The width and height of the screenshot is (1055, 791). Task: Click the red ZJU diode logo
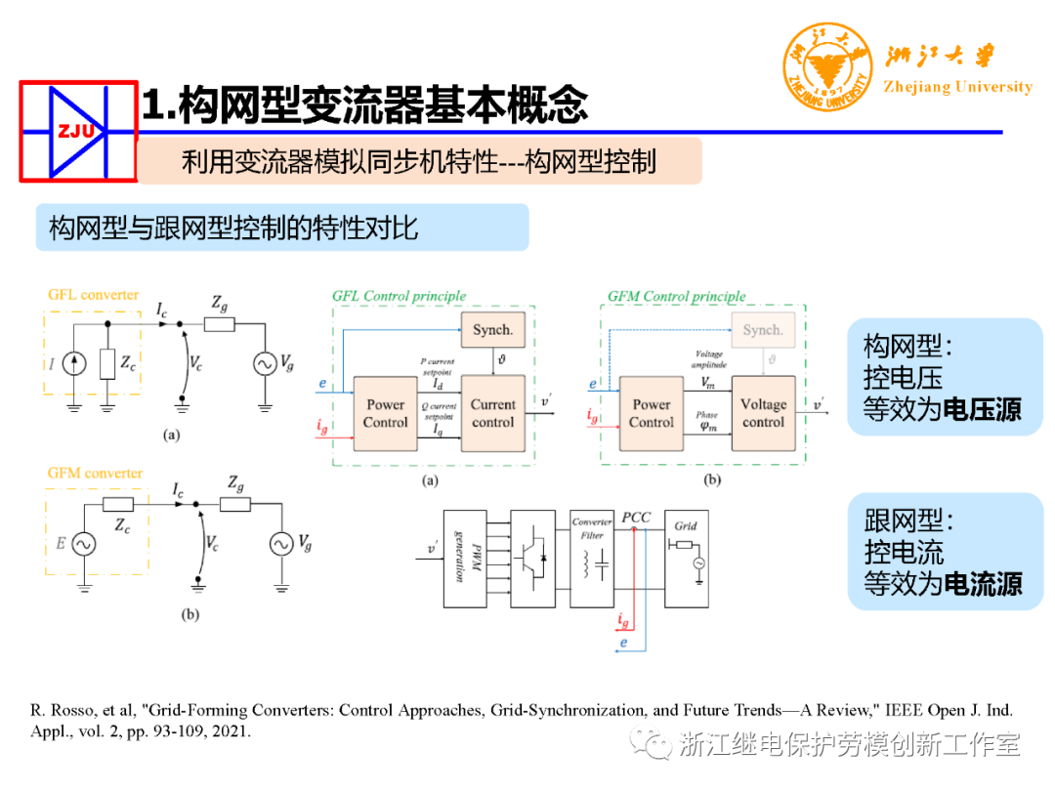pos(78,132)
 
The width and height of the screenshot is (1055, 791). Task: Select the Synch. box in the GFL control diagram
pos(491,330)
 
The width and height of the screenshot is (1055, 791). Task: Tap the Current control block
pos(492,413)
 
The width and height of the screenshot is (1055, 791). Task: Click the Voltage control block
pos(763,413)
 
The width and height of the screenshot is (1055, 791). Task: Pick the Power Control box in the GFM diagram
pos(652,413)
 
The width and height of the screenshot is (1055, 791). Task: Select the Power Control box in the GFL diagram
pos(385,413)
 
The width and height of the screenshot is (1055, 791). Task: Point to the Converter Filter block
pos(592,558)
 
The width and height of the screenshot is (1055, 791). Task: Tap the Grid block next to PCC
pos(688,558)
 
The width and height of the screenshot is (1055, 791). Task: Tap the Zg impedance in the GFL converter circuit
pos(220,326)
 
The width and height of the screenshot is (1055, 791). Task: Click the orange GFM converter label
pos(95,474)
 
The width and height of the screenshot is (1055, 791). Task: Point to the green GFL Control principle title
pos(399,296)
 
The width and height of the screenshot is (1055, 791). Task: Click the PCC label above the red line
pos(636,518)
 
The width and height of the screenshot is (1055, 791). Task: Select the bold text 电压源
pos(982,410)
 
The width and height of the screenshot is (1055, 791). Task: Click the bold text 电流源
pos(982,584)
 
